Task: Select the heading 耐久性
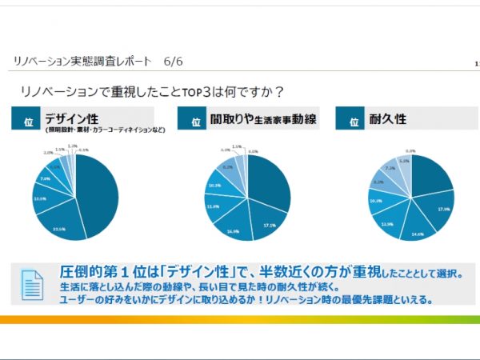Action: pos(388,118)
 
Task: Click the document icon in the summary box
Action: pos(34,283)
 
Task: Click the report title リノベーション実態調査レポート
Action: pos(82,61)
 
